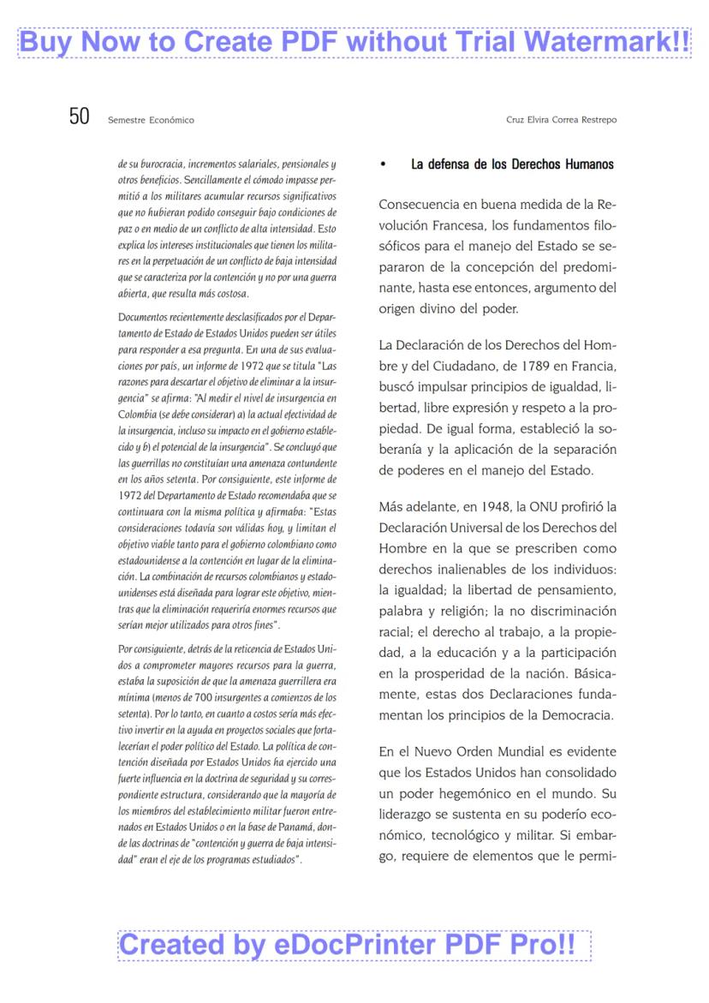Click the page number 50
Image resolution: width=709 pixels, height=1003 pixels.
click(79, 117)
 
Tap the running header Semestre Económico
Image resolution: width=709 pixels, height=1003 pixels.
click(151, 120)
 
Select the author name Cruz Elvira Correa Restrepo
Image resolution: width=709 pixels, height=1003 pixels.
click(561, 120)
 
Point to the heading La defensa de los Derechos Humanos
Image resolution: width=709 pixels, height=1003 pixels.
click(512, 164)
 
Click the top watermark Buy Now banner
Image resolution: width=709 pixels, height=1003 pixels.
click(354, 42)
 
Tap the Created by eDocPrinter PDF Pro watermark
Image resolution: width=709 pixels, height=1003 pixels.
click(354, 945)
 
